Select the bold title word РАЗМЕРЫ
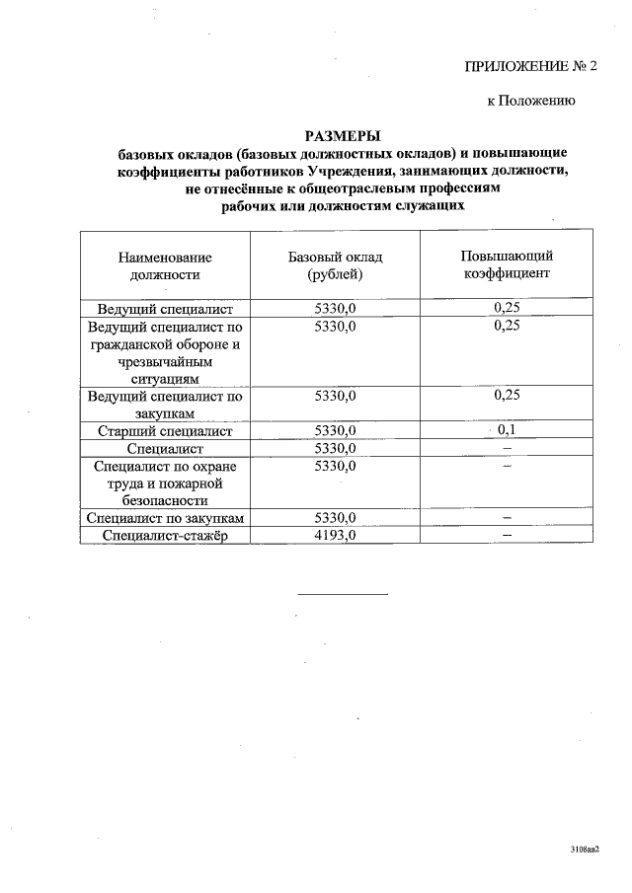342,136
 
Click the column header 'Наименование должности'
165,265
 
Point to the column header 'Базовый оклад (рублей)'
335,265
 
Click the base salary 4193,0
335,536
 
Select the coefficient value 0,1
507,430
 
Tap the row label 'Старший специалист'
165,431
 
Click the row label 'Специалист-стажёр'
165,536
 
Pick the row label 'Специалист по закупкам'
165,518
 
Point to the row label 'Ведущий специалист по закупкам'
165,405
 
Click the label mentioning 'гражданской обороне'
165,344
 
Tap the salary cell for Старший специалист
335,431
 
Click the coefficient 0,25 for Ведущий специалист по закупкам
507,396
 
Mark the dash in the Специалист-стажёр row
507,536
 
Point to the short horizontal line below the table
343,594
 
